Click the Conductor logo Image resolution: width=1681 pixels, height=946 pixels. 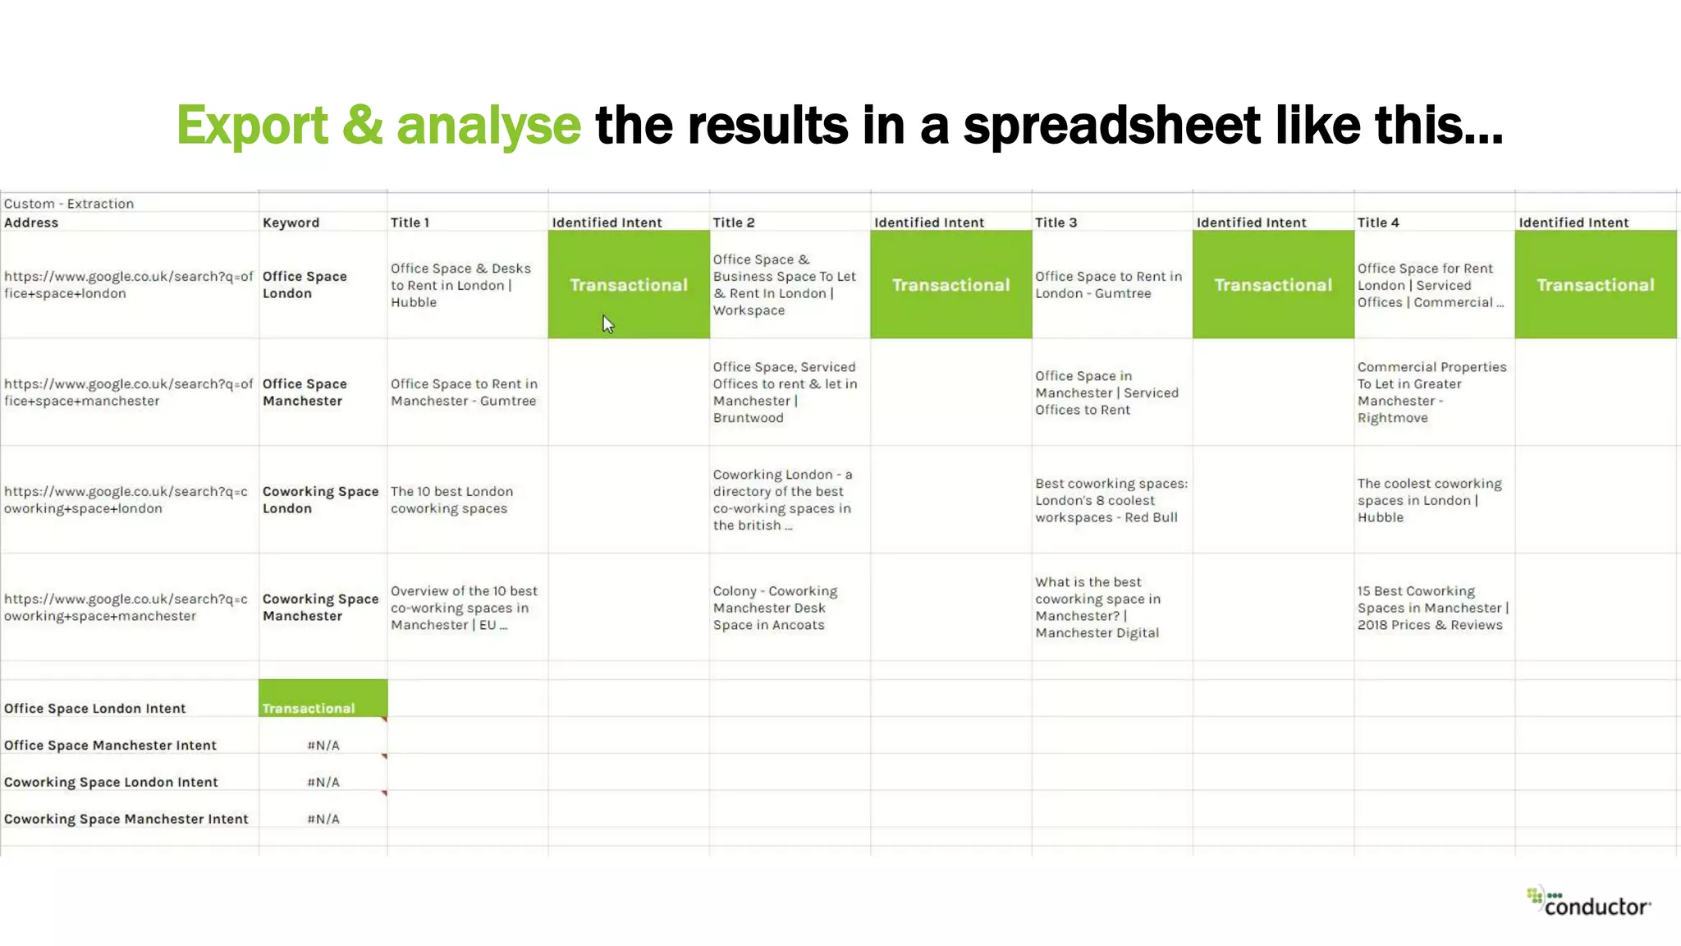(1588, 902)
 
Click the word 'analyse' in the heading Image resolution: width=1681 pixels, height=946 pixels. (488, 126)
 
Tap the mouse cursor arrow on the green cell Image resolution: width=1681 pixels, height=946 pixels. (607, 324)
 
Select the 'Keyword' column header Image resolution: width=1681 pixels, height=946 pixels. (291, 223)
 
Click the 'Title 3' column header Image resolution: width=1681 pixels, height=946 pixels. (1056, 223)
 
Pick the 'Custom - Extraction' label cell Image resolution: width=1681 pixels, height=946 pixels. (69, 204)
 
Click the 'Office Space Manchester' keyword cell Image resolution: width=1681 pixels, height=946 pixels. (305, 393)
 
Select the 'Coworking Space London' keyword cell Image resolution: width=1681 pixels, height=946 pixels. (320, 500)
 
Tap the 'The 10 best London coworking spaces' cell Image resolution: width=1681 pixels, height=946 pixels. (451, 500)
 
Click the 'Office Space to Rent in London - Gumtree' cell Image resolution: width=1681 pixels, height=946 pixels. (1108, 285)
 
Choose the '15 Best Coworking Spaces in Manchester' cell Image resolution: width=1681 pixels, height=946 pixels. (1432, 608)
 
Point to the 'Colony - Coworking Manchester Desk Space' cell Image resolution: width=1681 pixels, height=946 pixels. (775, 608)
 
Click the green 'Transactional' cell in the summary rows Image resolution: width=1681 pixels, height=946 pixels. (323, 699)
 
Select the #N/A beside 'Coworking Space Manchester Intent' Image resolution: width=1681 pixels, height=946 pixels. (323, 819)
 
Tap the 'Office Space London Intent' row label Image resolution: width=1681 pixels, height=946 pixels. (95, 709)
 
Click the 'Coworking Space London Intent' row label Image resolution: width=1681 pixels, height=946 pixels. (111, 783)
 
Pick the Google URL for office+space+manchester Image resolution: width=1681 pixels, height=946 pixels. (128, 393)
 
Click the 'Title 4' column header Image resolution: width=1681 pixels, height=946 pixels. (1378, 223)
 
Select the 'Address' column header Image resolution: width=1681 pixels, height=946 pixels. (31, 223)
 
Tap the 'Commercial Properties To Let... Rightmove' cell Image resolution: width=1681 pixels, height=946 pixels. (1431, 393)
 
